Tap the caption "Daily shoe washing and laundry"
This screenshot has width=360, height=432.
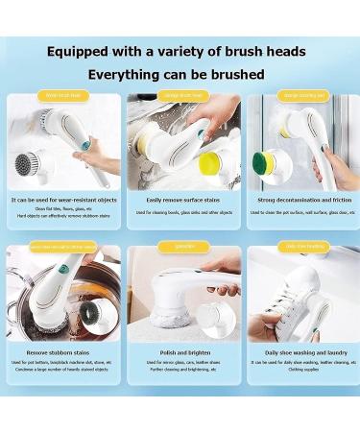(x=302, y=352)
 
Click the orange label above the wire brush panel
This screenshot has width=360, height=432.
(x=62, y=96)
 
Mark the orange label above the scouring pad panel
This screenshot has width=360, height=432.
(x=302, y=96)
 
